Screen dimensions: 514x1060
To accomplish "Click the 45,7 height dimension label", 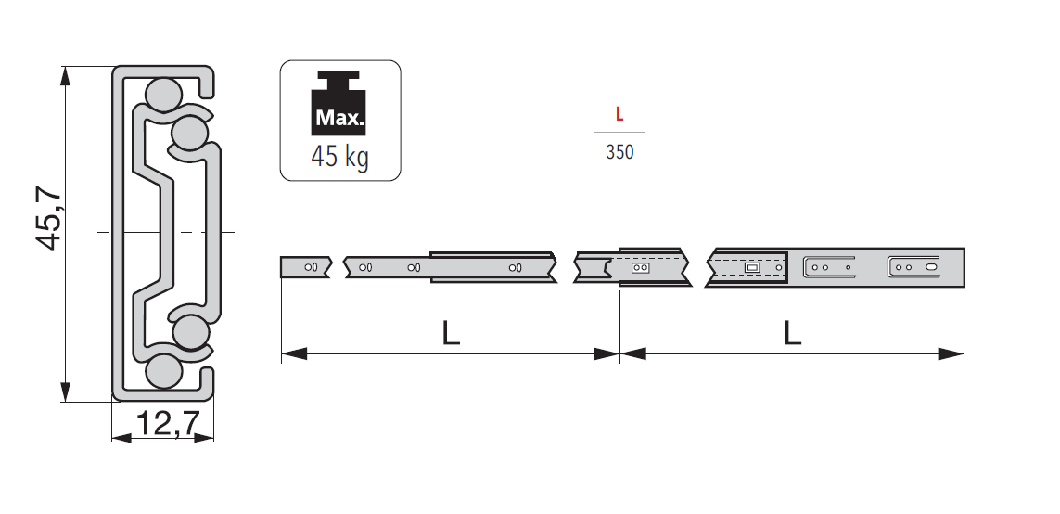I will pyautogui.click(x=49, y=218).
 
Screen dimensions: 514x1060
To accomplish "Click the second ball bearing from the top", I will pyautogui.click(x=190, y=133).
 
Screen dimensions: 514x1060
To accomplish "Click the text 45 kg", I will pyautogui.click(x=340, y=157).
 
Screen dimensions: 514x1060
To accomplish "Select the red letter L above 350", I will pyautogui.click(x=619, y=115).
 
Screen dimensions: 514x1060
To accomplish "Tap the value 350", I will pyautogui.click(x=619, y=152).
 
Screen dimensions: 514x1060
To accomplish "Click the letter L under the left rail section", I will pyautogui.click(x=451, y=333).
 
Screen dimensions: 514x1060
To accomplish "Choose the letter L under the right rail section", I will pyautogui.click(x=791, y=333).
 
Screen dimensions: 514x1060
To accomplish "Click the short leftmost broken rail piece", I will pyautogui.click(x=305, y=266).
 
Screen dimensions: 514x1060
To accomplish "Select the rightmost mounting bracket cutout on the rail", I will pyautogui.click(x=913, y=266).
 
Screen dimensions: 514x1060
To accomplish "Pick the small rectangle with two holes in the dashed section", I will pyautogui.click(x=639, y=267).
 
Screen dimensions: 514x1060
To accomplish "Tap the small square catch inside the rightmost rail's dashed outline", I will pyautogui.click(x=752, y=267).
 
